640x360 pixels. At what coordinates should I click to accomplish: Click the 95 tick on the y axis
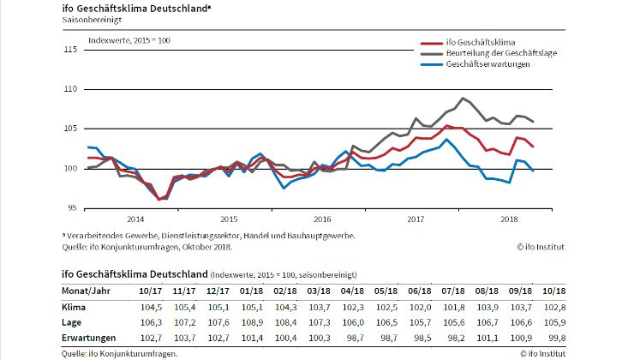click(x=72, y=208)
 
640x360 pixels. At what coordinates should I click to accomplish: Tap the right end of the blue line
click(x=533, y=171)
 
